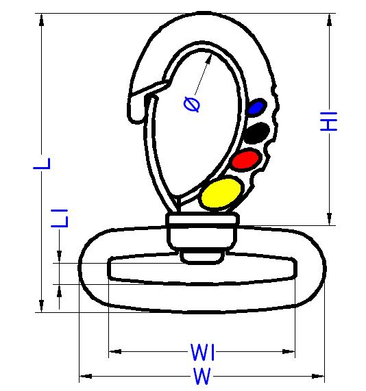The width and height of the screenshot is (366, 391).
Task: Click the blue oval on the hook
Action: pos(256,108)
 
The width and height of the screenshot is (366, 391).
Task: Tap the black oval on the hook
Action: pos(257,133)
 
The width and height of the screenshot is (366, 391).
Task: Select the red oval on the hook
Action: pos(245,160)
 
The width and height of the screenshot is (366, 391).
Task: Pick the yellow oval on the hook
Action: pos(221,193)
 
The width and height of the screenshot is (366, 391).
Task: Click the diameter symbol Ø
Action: pos(192,104)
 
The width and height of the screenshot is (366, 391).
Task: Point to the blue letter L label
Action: pos(42,164)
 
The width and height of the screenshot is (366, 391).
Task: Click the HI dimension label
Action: pos(328,121)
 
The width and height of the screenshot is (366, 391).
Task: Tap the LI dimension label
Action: pos(59,218)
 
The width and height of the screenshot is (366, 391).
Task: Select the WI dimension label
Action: pos(202,352)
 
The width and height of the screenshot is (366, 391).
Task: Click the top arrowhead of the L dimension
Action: pos(41,20)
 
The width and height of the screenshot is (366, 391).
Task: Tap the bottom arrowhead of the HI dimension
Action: pos(329,219)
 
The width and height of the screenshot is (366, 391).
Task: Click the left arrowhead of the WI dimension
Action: pos(115,351)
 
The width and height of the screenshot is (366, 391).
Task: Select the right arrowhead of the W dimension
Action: pos(318,376)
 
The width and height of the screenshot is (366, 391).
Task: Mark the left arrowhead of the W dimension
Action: pos(86,376)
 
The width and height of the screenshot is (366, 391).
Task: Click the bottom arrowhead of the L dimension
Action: pos(41,305)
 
